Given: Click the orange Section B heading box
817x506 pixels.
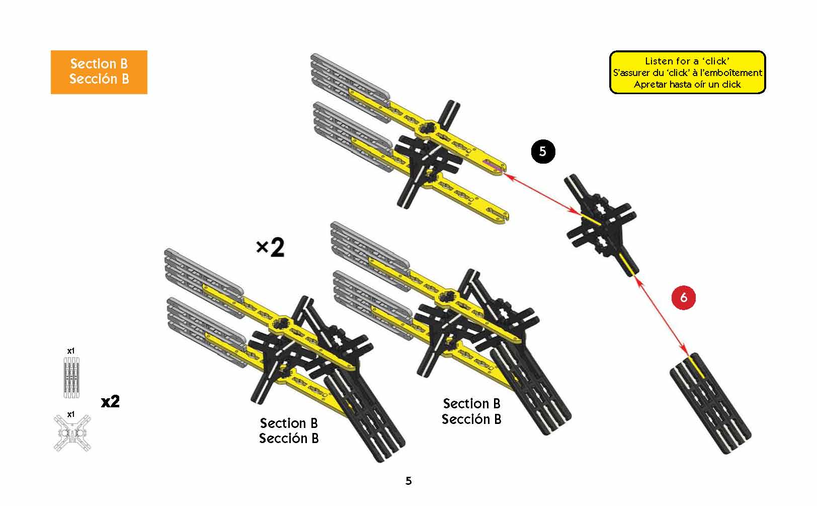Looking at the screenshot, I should pos(99,71).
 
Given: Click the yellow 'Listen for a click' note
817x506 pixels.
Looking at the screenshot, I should pos(687,73).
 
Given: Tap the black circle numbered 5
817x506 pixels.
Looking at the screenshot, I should pos(543,151).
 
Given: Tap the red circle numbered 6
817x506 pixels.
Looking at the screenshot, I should pos(683,297).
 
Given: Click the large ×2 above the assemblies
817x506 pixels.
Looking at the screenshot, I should pos(270,247).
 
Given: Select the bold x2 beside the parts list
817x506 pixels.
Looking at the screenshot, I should pos(110,402).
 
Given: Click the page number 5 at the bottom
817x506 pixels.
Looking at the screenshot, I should pos(408,481).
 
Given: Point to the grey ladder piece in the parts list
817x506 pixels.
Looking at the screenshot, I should pos(71,378).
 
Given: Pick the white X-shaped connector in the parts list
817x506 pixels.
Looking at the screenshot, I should pos(72,432).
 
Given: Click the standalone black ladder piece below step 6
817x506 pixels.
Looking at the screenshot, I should pos(710,403).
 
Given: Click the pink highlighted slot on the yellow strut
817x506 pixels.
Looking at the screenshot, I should pos(493,166).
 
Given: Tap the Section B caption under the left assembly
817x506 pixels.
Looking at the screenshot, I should pos(289,430).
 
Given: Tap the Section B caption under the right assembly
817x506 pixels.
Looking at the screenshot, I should pos(471,411).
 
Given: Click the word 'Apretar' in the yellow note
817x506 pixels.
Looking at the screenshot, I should pos(649,85).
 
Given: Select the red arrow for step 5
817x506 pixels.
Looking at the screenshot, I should pos(541,193).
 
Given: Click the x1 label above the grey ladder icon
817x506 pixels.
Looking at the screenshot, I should pos(71,350).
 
